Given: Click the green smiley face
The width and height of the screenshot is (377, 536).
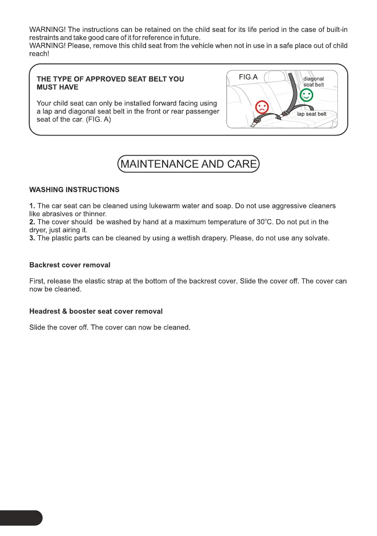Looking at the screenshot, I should pyautogui.click(x=306, y=95).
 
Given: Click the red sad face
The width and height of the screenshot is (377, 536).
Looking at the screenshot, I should pyautogui.click(x=262, y=107).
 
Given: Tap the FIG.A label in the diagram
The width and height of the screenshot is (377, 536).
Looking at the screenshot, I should pyautogui.click(x=248, y=77).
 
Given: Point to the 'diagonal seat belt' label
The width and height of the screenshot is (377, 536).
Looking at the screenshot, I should pyautogui.click(x=314, y=82).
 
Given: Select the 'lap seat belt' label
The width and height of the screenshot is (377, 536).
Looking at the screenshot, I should pyautogui.click(x=312, y=114).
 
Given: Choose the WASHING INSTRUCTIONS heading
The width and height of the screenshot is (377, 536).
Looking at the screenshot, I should pyautogui.click(x=74, y=190).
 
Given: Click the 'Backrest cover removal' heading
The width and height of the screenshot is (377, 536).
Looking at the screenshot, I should pyautogui.click(x=70, y=265).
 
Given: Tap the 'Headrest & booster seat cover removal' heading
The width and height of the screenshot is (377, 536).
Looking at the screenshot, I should pyautogui.click(x=96, y=311).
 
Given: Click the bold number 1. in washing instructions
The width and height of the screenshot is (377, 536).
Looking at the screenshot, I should pyautogui.click(x=32, y=206).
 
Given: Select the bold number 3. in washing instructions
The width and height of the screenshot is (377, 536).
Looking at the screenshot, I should pyautogui.click(x=32, y=238).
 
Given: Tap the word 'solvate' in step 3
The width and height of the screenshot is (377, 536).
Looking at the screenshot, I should pyautogui.click(x=316, y=238).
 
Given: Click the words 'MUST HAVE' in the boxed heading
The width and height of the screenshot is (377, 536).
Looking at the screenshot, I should pyautogui.click(x=58, y=87).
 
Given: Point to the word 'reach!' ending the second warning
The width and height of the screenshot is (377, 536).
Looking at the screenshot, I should pyautogui.click(x=39, y=54).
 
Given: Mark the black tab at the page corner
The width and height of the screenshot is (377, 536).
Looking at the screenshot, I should pyautogui.click(x=20, y=518).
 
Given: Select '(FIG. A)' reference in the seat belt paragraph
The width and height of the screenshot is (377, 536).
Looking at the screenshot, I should pyautogui.click(x=98, y=120).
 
